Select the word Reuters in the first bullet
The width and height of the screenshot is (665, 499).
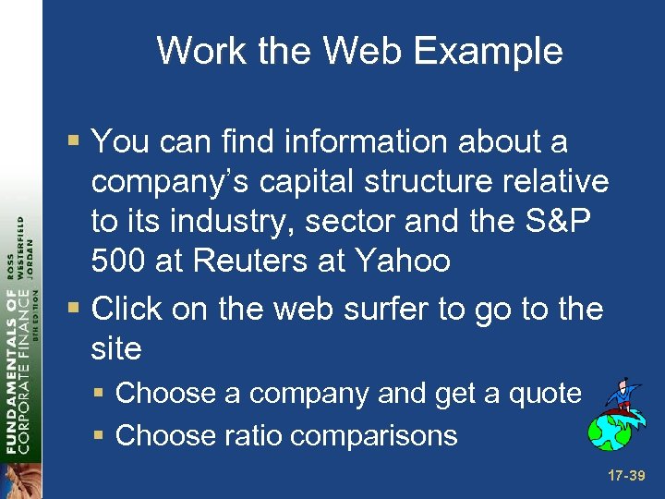tap(243, 261)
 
